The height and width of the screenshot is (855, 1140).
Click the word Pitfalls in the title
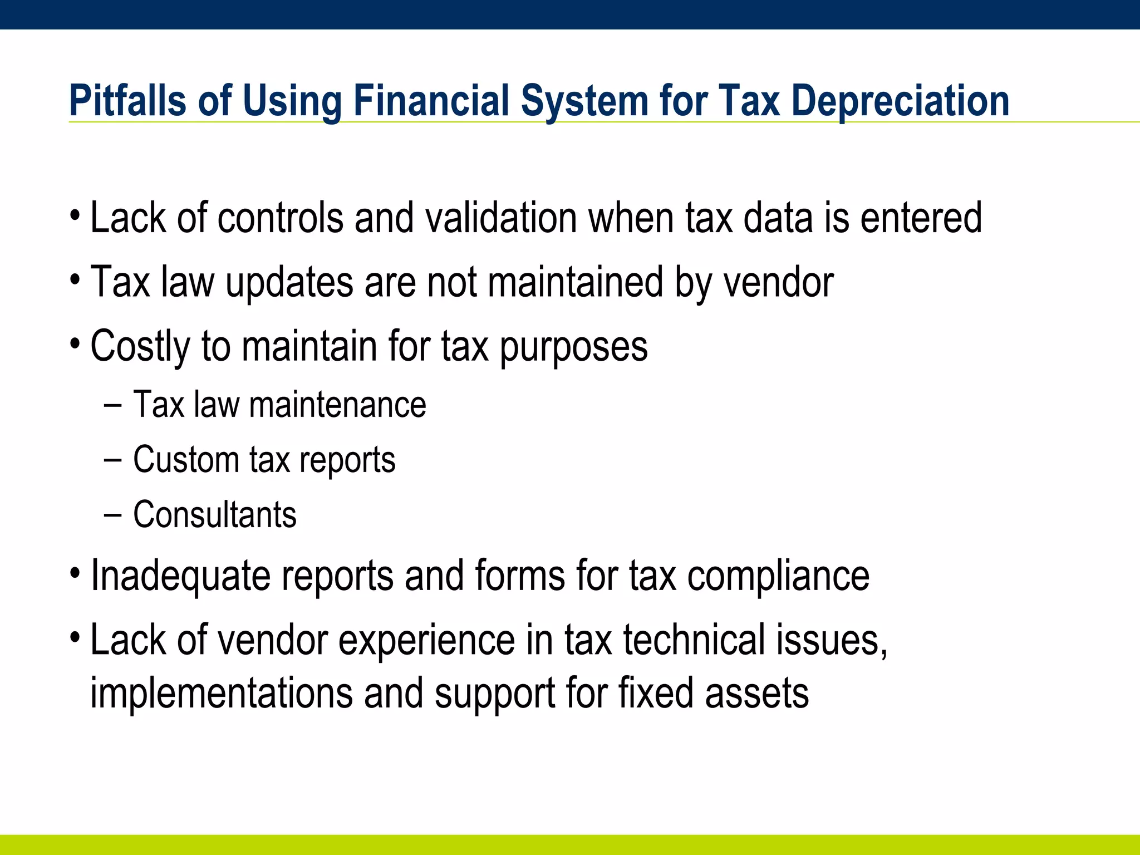point(127,101)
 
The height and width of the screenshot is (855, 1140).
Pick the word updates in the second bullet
point(289,282)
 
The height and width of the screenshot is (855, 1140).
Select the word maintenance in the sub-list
point(337,404)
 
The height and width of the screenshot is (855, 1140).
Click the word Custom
point(186,459)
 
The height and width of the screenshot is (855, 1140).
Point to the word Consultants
point(215,514)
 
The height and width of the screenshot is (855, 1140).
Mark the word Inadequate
point(180,576)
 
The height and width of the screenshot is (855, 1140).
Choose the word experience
point(426,640)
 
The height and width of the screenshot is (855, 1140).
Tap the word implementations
point(222,694)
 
